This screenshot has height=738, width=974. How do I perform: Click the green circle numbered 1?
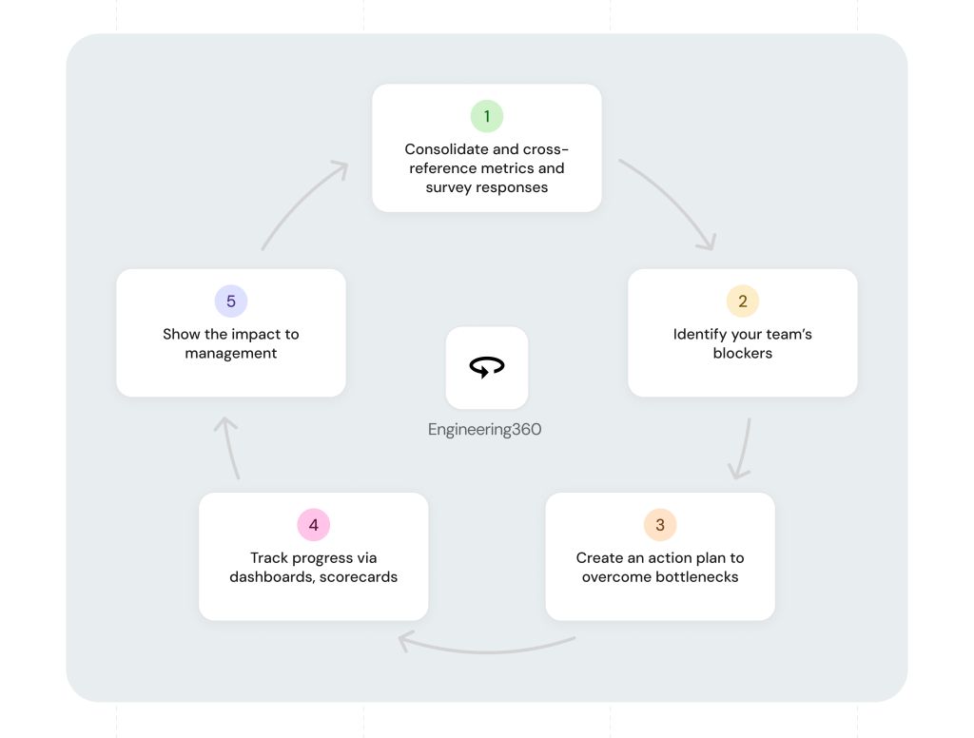486,116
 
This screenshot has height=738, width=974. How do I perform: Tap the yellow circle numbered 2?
742,301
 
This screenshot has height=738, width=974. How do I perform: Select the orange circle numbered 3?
660,525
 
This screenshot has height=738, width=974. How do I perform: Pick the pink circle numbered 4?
313,525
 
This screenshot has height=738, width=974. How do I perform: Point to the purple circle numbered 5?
230,301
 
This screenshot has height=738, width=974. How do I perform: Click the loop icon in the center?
487,366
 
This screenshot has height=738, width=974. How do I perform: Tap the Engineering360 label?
484,429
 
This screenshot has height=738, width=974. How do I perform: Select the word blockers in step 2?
742,353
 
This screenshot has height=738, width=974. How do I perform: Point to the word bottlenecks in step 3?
696,576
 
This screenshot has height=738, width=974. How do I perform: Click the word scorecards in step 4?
359,576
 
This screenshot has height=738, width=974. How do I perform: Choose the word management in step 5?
230,354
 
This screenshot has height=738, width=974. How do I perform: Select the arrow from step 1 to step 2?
675,198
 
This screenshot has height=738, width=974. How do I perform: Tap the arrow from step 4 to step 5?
229,447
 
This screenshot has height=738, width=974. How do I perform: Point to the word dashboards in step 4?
271,576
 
